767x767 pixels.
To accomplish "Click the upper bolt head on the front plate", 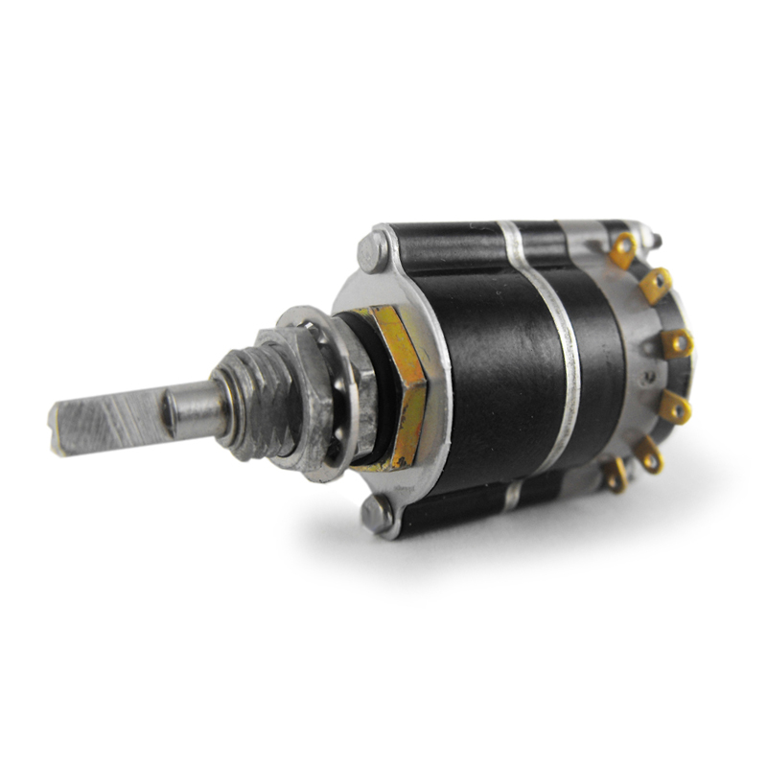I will coord(373,251).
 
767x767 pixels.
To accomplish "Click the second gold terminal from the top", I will coord(657,284).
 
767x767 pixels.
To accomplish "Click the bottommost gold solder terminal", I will coord(615,474).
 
